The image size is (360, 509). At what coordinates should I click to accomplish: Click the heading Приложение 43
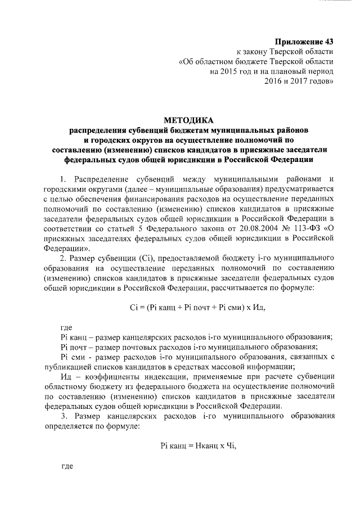pos(304,42)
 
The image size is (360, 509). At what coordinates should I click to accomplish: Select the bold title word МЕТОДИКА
pos(188,120)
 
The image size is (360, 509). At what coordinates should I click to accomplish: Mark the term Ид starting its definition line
pos(66,377)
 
